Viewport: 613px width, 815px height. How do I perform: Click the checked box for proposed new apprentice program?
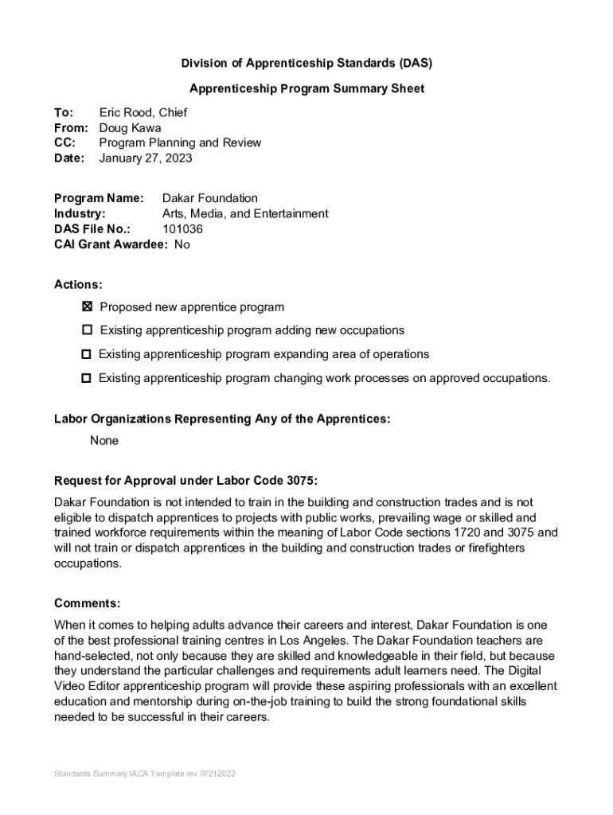tap(87, 307)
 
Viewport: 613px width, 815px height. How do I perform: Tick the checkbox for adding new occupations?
tap(87, 330)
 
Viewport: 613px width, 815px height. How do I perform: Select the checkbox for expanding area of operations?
tap(86, 354)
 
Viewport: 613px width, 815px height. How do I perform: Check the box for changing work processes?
tap(86, 378)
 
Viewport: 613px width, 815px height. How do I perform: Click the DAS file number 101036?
tap(182, 229)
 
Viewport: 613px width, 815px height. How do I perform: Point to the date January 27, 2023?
tap(146, 158)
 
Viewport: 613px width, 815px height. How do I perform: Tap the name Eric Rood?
tap(126, 113)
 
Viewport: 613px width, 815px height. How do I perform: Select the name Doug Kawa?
tap(130, 128)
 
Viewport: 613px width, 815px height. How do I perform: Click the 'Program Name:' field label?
tap(99, 198)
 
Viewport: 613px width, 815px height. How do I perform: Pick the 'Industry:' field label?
tap(80, 213)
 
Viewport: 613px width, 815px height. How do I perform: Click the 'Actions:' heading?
tap(78, 284)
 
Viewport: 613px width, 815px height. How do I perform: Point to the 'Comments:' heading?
tap(87, 602)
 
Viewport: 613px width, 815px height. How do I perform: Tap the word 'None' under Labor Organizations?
tap(104, 440)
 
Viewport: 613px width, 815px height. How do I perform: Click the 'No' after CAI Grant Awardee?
tap(182, 244)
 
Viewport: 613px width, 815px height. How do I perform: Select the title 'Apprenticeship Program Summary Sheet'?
tap(306, 88)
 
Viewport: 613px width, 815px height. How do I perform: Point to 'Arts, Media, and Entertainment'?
tap(245, 213)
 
